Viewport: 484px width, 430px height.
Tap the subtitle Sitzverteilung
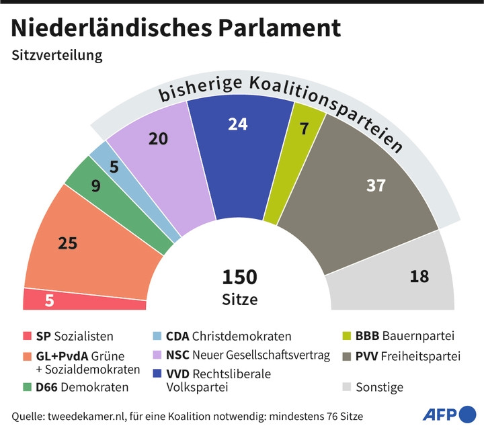coord(56,55)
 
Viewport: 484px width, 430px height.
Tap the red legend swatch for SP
coord(28,336)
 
